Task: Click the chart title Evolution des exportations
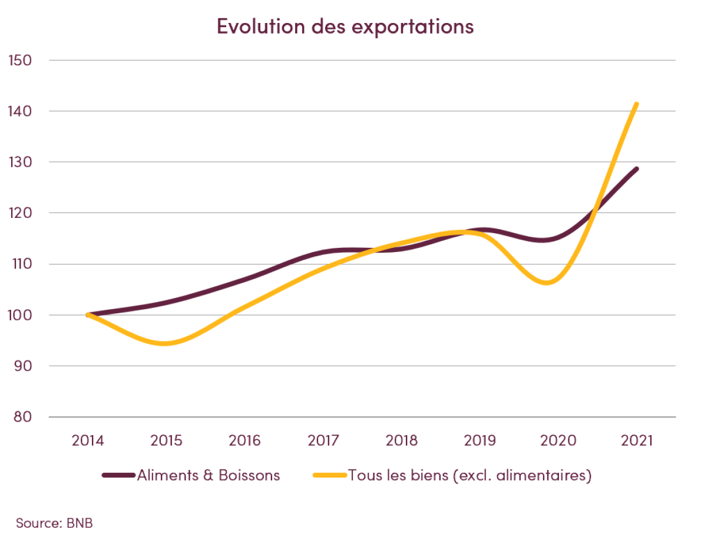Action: pos(345,26)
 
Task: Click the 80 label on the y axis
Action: pos(20,416)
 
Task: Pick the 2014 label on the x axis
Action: pos(88,440)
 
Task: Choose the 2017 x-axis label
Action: pos(323,440)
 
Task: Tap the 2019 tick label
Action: pos(480,440)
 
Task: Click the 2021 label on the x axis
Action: pos(636,440)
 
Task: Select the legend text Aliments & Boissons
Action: pos(209,475)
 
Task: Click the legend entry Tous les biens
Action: pos(469,475)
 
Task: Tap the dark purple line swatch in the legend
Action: pos(118,475)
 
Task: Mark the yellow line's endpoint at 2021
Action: pos(636,104)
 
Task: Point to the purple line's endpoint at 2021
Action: pos(636,169)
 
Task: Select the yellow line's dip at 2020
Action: pos(548,283)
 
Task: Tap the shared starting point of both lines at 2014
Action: pos(88,314)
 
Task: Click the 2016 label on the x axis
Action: pos(244,440)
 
